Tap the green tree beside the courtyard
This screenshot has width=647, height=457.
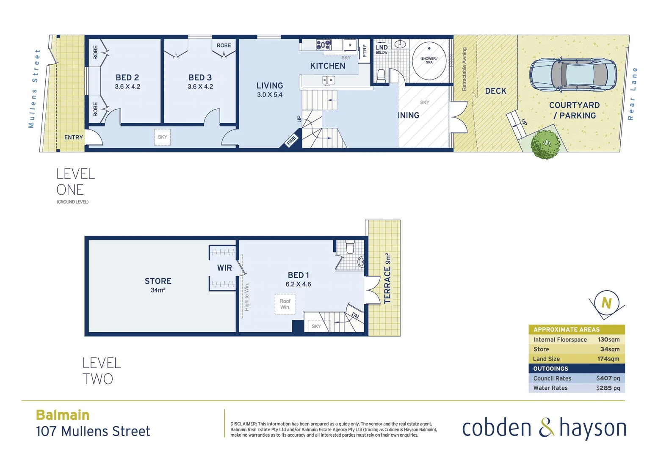coord(546,144)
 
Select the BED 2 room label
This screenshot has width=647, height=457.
coord(127,77)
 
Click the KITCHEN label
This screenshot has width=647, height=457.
coord(328,66)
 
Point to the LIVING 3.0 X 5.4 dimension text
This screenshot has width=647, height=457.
coord(270,95)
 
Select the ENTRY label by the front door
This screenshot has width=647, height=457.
coord(74,138)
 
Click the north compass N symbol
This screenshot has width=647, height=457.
coord(606,303)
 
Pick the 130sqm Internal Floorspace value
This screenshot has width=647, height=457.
coord(608,340)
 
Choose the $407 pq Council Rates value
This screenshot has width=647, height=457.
coord(608,378)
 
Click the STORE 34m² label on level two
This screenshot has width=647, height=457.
coord(158,285)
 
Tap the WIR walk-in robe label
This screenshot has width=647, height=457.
coord(224,268)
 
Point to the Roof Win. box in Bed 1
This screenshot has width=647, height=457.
coord(285,304)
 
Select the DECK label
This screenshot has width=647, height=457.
coord(495,91)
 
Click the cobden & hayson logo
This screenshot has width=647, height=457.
coord(544,428)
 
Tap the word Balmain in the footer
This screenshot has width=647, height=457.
coord(63,415)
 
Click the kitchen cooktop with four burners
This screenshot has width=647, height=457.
coord(324,44)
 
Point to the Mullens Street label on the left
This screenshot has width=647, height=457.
coord(34,88)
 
